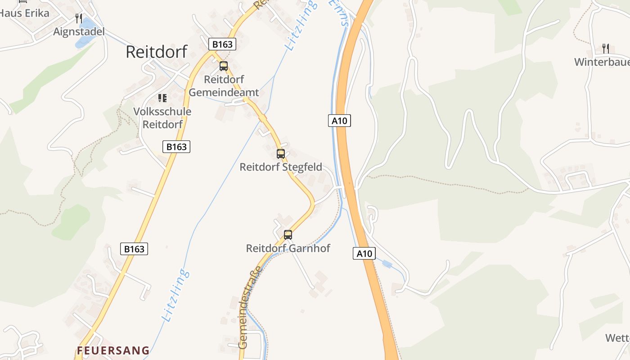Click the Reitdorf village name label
(156, 52)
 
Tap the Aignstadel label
(79, 31)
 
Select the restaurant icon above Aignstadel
(79, 18)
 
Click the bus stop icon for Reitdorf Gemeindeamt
(224, 66)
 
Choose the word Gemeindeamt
(224, 93)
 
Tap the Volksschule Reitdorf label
(162, 118)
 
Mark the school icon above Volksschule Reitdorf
(162, 98)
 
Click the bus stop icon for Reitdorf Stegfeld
(281, 154)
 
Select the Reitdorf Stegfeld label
(281, 167)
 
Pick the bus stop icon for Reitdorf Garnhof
(288, 234)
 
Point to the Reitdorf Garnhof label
(288, 248)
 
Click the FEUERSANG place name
(113, 350)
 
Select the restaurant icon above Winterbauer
(606, 48)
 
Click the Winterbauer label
(602, 62)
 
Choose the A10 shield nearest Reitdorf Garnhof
(364, 253)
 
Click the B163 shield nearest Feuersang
(134, 249)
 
